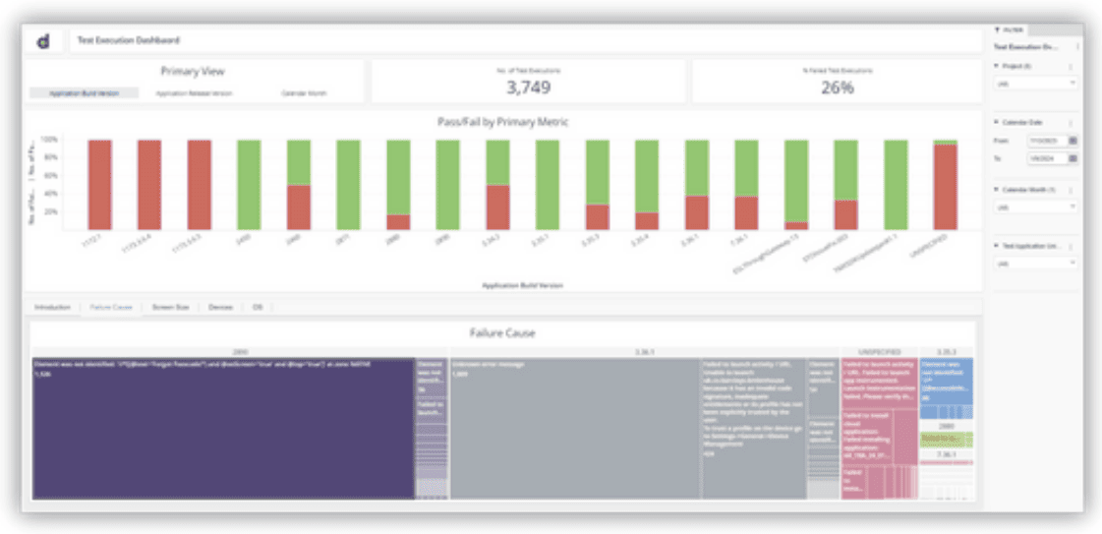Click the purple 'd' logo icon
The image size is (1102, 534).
click(x=43, y=40)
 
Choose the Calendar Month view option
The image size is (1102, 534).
click(x=304, y=93)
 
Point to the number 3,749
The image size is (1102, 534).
click(x=530, y=88)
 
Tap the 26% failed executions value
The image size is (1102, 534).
click(x=838, y=88)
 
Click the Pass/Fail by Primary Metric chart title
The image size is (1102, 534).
click(x=502, y=122)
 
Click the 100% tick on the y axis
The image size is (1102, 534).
click(x=50, y=141)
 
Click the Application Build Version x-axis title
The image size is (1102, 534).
click(x=521, y=285)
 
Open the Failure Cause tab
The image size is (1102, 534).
click(x=111, y=308)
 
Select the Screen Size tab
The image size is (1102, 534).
click(x=170, y=308)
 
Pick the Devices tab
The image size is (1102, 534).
click(x=220, y=308)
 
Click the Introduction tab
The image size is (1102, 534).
click(x=53, y=308)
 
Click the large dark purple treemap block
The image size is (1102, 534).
click(x=223, y=428)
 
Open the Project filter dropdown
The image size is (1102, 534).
click(x=1035, y=84)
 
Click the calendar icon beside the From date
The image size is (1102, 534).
click(x=1073, y=141)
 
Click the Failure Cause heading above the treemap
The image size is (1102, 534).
click(x=501, y=333)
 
